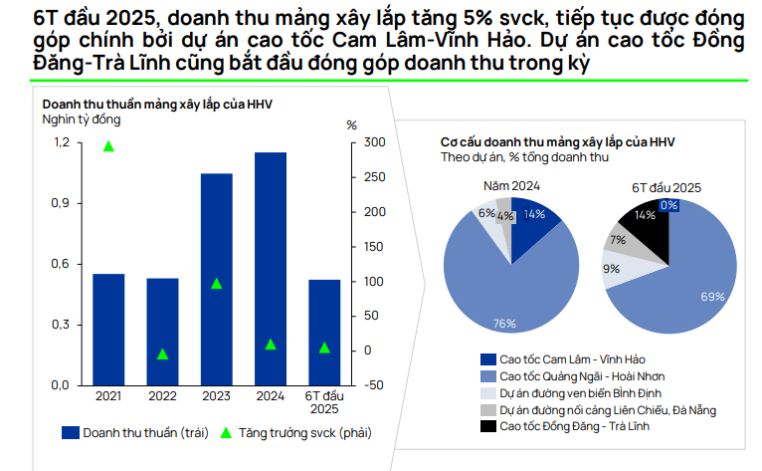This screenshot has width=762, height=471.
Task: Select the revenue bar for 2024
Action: [x=271, y=268]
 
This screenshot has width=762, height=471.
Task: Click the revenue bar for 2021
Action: [x=108, y=329]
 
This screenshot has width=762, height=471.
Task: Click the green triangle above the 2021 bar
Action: [x=108, y=146]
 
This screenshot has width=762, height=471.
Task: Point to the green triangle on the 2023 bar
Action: [x=217, y=283]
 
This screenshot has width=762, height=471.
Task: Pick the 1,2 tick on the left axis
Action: [x=62, y=142]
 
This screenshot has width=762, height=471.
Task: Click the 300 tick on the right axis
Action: [x=370, y=142]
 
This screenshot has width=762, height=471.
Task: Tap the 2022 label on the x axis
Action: [x=162, y=397]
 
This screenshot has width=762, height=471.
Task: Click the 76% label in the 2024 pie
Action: [x=504, y=322]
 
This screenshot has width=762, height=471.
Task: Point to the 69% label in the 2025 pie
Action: [x=712, y=297]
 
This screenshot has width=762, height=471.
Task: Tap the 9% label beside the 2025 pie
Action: [x=611, y=269]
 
